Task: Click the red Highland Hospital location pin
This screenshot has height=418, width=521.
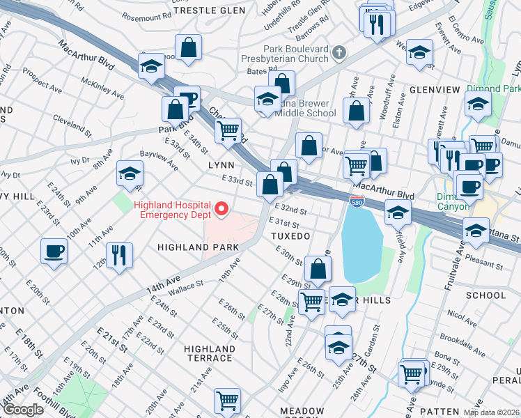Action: [222, 208]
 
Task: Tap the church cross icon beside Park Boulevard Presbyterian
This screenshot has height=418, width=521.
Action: [339, 53]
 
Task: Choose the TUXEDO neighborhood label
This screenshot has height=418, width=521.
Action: [290, 237]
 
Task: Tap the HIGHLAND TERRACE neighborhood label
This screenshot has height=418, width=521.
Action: [210, 353]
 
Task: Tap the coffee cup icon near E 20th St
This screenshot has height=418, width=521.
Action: [54, 250]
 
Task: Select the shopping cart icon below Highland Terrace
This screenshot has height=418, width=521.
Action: [228, 400]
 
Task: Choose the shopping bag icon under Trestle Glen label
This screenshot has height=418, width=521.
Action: [189, 47]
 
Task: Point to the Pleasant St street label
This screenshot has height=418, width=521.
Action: [484, 265]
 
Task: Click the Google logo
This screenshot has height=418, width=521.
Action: [23, 410]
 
